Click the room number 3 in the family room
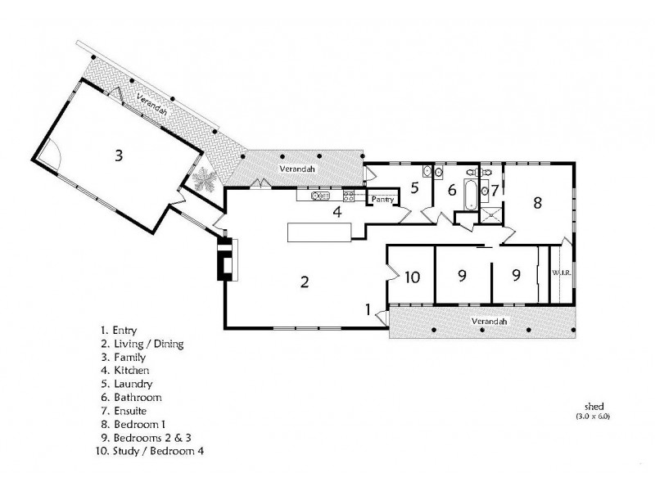119,155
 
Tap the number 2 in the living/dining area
305,282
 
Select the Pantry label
382,200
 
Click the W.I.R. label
562,273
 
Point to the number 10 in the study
413,277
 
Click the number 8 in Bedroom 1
538,202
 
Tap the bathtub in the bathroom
471,194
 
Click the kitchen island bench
319,232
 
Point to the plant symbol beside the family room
204,179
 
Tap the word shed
594,406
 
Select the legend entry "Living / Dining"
149,344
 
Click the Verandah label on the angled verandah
152,104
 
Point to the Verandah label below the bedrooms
489,321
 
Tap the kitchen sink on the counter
320,196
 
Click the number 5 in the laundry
414,188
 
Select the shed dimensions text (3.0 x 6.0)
593,417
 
